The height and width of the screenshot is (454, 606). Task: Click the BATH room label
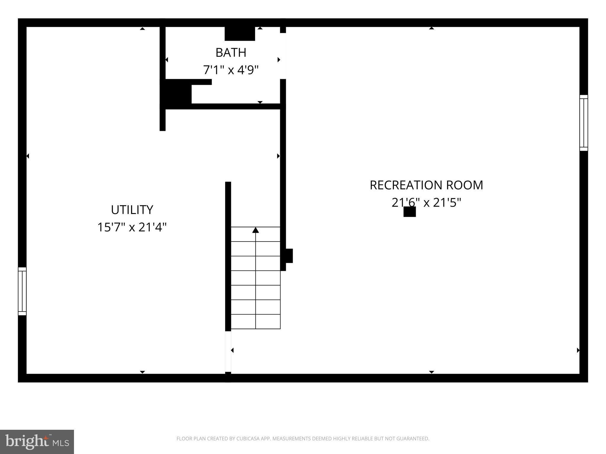point(231,53)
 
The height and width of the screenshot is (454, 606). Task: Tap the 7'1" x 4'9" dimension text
point(231,70)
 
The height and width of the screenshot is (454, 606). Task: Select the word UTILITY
point(132,210)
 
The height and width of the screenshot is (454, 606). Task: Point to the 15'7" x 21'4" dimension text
point(132,227)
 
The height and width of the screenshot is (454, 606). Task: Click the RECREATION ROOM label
point(426,185)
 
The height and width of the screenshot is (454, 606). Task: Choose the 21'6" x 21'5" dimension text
point(426,203)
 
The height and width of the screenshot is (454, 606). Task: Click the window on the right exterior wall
point(584,123)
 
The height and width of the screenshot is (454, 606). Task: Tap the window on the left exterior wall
point(22,291)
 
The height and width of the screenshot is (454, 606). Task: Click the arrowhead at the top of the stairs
point(256,230)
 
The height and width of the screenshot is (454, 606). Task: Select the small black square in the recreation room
point(410,212)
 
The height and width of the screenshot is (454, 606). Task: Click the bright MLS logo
point(37,442)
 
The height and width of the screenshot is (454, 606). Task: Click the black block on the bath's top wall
point(240,34)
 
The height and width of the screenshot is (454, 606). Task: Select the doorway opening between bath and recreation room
point(283,56)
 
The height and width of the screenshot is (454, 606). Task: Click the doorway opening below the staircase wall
point(228,351)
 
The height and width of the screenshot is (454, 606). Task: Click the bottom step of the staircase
point(256,322)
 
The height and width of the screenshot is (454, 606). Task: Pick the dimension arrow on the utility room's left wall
point(28,156)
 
